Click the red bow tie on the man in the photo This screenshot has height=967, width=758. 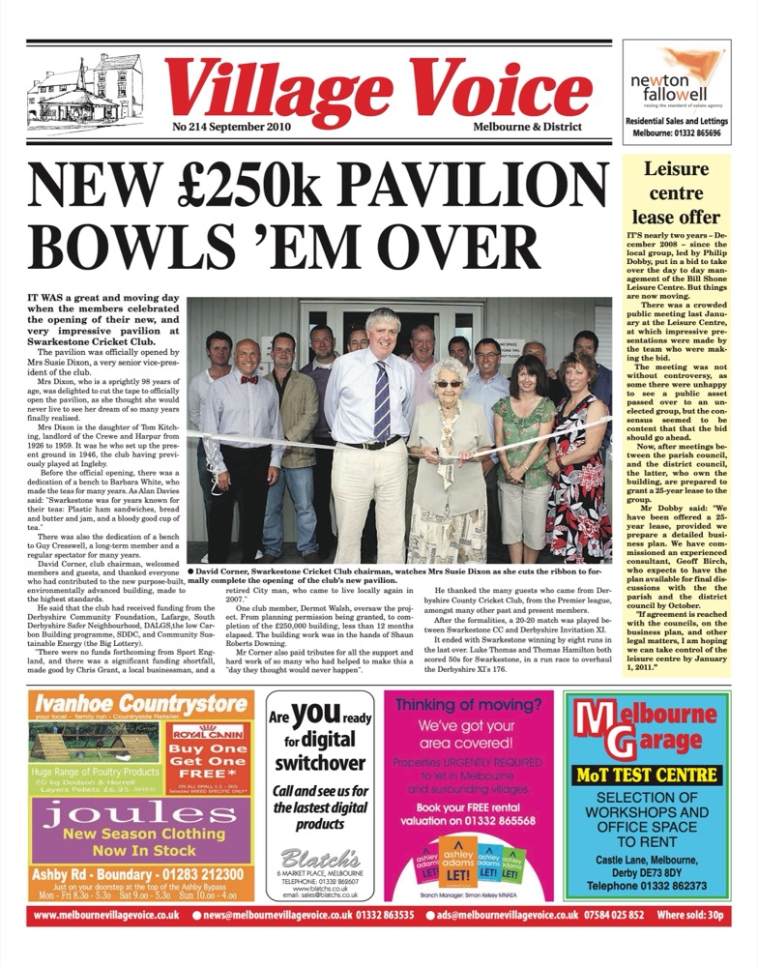pos(249,379)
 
